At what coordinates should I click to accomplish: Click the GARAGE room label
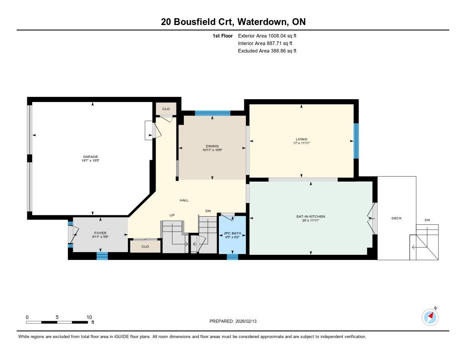pyautogui.click(x=91, y=157)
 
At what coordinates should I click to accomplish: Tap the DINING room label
pyautogui.click(x=212, y=146)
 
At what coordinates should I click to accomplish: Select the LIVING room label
pyautogui.click(x=301, y=139)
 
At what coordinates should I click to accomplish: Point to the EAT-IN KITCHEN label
pyautogui.click(x=310, y=217)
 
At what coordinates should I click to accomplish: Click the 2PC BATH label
pyautogui.click(x=233, y=233)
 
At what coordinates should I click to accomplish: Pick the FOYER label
pyautogui.click(x=100, y=233)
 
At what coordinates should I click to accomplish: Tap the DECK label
pyautogui.click(x=396, y=218)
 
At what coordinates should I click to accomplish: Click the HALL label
pyautogui.click(x=184, y=200)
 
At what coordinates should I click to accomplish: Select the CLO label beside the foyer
pyautogui.click(x=145, y=246)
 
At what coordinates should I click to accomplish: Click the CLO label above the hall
pyautogui.click(x=166, y=109)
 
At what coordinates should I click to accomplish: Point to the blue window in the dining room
pyautogui.click(x=213, y=113)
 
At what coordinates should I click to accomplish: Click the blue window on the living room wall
pyautogui.click(x=356, y=141)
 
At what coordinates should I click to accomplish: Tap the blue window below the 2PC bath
pyautogui.click(x=233, y=257)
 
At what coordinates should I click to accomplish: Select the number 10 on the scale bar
pyautogui.click(x=89, y=317)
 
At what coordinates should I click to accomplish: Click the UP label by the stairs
pyautogui.click(x=172, y=215)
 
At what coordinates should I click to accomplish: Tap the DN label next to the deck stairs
pyautogui.click(x=427, y=220)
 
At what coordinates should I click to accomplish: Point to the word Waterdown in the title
pyautogui.click(x=263, y=22)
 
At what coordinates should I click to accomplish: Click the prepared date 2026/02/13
pyautogui.click(x=246, y=321)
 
